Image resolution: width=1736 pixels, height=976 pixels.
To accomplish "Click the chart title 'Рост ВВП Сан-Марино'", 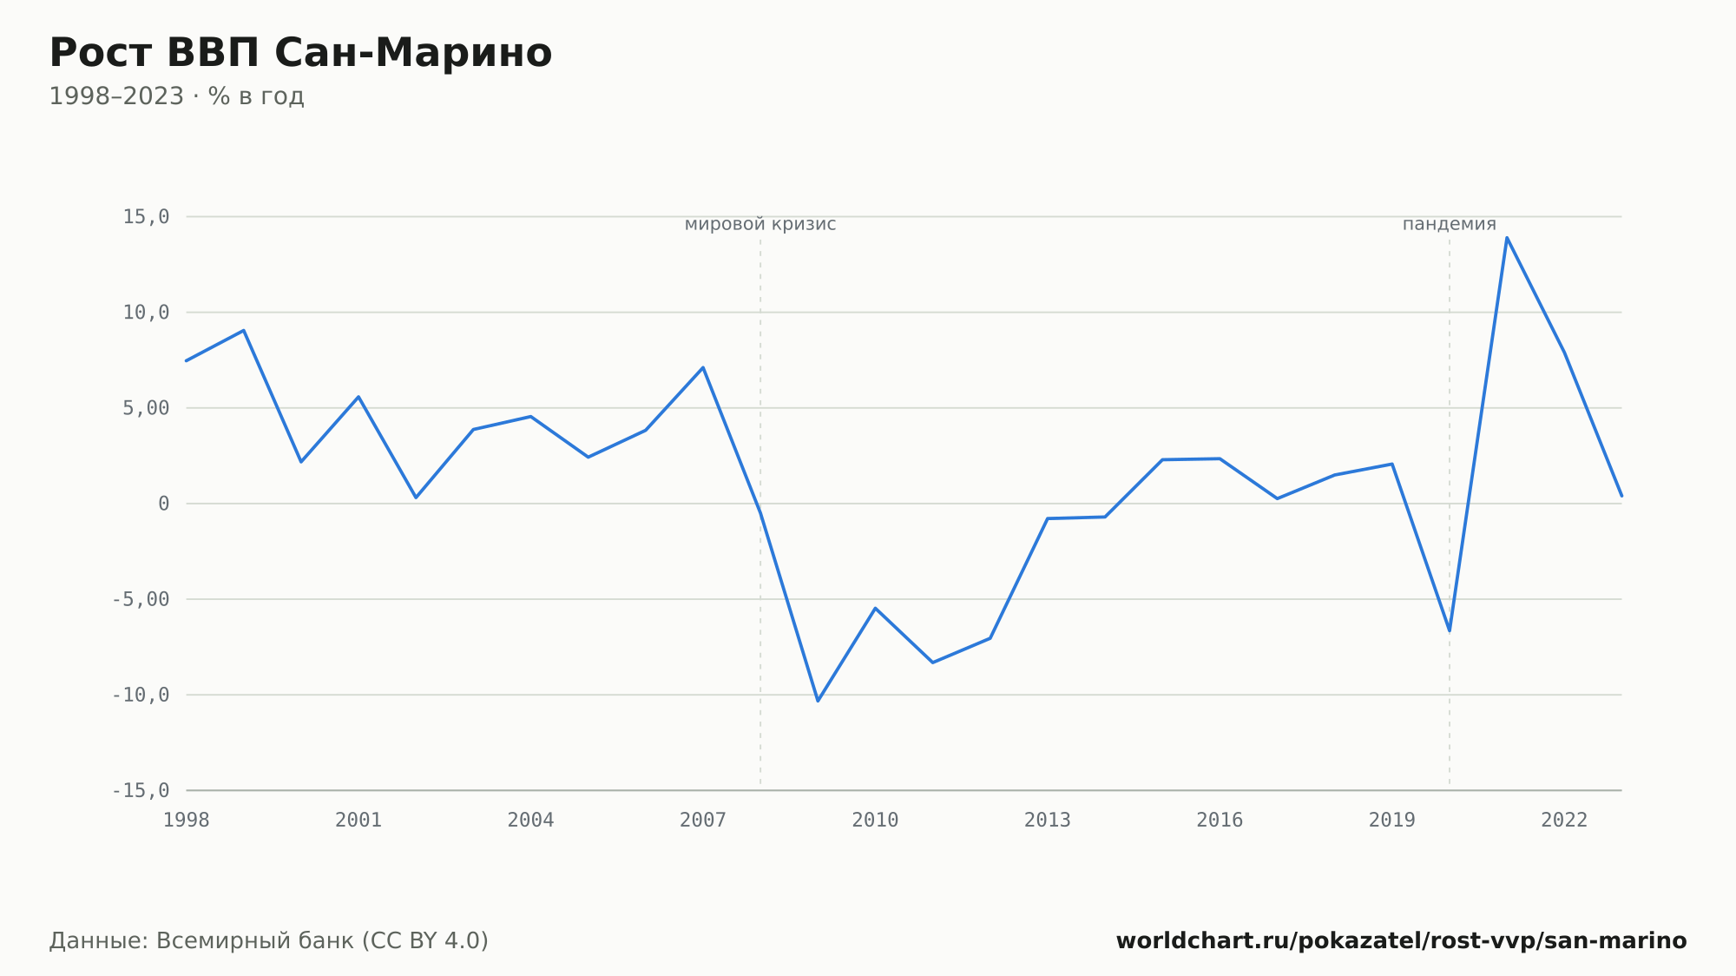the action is pyautogui.click(x=300, y=53).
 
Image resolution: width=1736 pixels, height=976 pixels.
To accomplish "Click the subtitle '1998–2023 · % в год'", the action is pyautogui.click(x=176, y=96).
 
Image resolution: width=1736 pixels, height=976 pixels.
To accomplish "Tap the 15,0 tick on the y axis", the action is pyautogui.click(x=146, y=217).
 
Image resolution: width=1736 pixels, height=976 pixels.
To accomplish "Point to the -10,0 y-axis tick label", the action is pyautogui.click(x=141, y=695).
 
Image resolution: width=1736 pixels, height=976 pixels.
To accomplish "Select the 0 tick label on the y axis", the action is pyautogui.click(x=164, y=504).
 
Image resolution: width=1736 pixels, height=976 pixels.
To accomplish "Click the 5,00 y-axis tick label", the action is pyautogui.click(x=146, y=408).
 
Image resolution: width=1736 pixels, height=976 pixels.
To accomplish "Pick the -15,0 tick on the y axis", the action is pyautogui.click(x=141, y=790).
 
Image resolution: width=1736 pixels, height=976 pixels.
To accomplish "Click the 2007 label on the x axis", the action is pyautogui.click(x=703, y=820).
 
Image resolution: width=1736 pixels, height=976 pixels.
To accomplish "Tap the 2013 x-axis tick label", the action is pyautogui.click(x=1048, y=820).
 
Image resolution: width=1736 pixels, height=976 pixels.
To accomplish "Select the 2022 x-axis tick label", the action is pyautogui.click(x=1564, y=820).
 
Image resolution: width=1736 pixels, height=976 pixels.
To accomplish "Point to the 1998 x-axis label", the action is pyautogui.click(x=187, y=820).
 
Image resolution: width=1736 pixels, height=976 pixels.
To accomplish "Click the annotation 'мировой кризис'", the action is pyautogui.click(x=760, y=224).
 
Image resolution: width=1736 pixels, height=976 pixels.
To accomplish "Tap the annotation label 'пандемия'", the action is pyautogui.click(x=1450, y=224).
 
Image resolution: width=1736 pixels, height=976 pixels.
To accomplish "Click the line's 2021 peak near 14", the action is pyautogui.click(x=1507, y=237).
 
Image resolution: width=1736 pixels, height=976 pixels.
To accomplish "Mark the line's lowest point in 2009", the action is pyautogui.click(x=818, y=701).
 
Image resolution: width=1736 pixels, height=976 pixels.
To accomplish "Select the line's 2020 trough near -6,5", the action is pyautogui.click(x=1450, y=630).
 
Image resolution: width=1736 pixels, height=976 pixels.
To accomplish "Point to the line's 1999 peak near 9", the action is pyautogui.click(x=244, y=330).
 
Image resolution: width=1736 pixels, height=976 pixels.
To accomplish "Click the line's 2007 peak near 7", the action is pyautogui.click(x=703, y=367).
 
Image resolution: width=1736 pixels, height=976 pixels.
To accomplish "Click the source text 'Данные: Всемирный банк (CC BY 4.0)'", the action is pyautogui.click(x=269, y=940).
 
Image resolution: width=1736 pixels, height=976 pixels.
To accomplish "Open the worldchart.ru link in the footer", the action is pyautogui.click(x=1401, y=940).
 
